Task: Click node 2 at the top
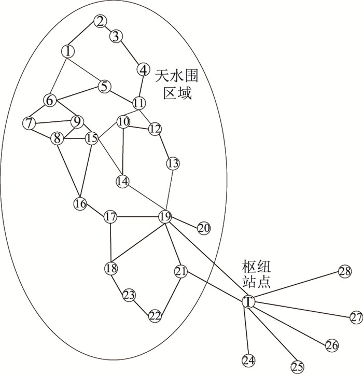[x=100, y=21]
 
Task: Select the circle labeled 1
[x=68, y=51]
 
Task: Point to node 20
[x=203, y=228]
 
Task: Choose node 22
[x=155, y=315]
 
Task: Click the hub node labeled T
[x=249, y=301]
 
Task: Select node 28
[x=345, y=271]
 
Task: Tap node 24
[x=248, y=360]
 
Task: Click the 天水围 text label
[x=176, y=76]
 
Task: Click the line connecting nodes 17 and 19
[x=137, y=216]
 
